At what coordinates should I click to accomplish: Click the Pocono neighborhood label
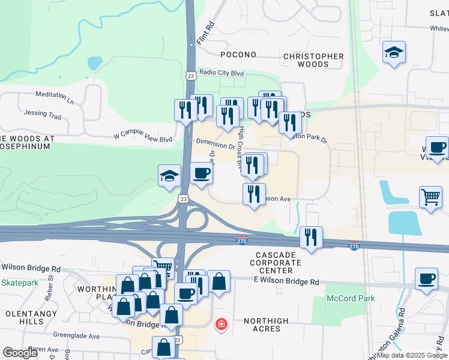tap(238, 55)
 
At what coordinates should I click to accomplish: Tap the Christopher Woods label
tap(313, 60)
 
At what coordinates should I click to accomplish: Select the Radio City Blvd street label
tap(222, 73)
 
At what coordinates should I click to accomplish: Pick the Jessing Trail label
tap(43, 113)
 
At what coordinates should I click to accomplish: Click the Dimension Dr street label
tap(215, 145)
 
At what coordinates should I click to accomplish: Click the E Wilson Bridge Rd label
tap(286, 281)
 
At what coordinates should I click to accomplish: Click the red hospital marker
tap(221, 325)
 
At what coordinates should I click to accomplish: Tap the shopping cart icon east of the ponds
tap(431, 197)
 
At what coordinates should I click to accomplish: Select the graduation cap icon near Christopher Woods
tap(394, 52)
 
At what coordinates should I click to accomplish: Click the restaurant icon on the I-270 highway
tap(311, 237)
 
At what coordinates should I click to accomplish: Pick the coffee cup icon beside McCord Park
tap(426, 279)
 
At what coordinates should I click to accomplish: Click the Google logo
tap(21, 353)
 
